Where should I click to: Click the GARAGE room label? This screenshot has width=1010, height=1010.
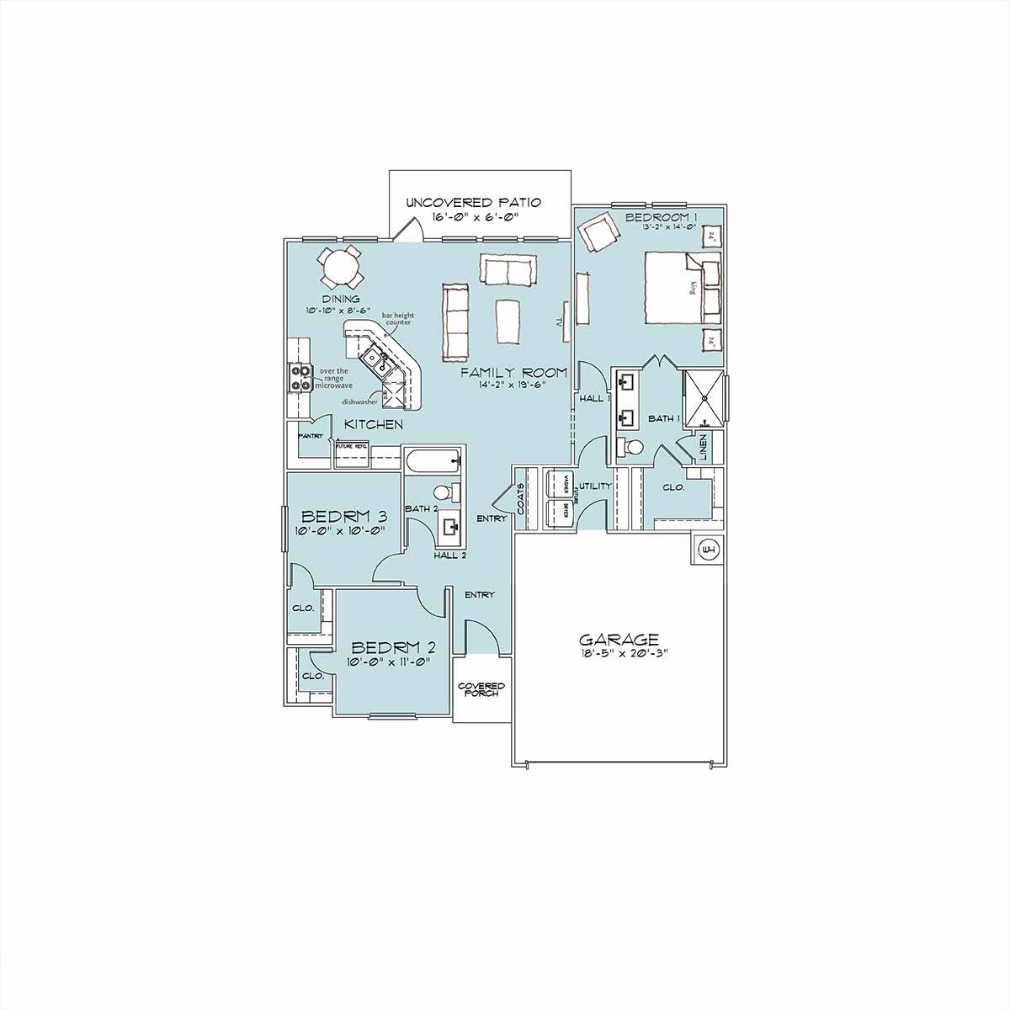tap(619, 639)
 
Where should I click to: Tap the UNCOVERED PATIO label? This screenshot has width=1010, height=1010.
tap(473, 203)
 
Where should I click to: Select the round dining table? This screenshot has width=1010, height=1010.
tap(341, 268)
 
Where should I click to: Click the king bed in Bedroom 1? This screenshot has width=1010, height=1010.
tap(682, 286)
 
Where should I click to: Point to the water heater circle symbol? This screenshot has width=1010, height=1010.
tap(709, 550)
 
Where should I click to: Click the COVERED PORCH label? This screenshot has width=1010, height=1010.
tap(481, 689)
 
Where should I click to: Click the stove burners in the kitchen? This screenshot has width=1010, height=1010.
tap(300, 377)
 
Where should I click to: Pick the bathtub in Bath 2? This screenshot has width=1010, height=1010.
tap(432, 460)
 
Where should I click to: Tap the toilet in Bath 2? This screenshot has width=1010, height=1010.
tap(444, 492)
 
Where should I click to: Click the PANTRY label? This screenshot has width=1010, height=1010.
tap(311, 436)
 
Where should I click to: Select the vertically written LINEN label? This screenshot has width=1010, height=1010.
tap(704, 446)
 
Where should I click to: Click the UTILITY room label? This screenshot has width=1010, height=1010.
tap(594, 486)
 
